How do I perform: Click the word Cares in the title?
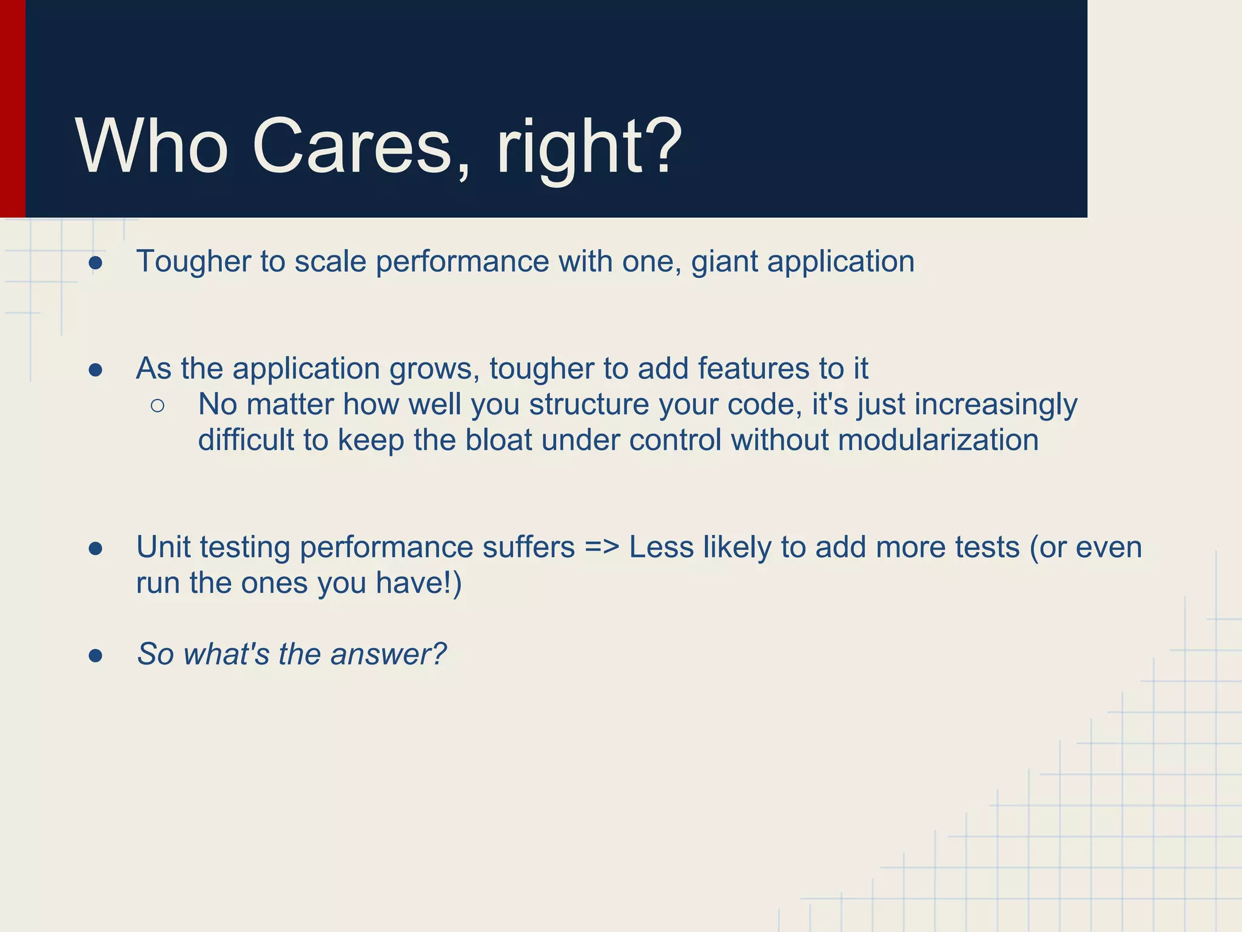352,147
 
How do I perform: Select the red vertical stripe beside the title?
12,109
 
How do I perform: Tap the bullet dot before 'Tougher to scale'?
95,263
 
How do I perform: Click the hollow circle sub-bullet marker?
157,406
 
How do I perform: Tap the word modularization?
938,440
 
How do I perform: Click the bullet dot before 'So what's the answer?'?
95,656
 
